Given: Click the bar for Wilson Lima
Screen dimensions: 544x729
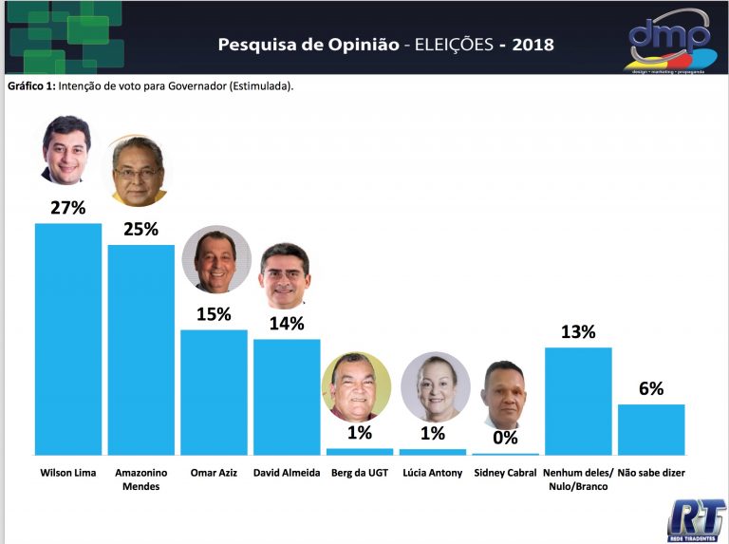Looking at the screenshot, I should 67,339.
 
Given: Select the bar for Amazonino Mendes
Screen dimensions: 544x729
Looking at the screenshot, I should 140,349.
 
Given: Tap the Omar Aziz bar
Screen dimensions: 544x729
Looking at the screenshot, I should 214,392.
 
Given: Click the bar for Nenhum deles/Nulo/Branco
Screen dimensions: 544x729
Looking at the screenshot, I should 578,401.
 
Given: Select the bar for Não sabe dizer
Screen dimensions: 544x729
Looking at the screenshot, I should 651,429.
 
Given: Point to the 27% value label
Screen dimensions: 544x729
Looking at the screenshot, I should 67,208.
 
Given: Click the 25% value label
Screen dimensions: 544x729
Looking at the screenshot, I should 140,229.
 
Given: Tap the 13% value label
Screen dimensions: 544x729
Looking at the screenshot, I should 578,331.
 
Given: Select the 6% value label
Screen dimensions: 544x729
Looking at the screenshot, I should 651,388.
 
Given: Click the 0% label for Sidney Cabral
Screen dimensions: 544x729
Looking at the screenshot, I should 505,437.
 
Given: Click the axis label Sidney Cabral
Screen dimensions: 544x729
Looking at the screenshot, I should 505,473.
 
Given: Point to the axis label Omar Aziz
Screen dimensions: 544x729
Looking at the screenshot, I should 214,473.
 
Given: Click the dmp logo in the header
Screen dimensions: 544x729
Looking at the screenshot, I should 670,41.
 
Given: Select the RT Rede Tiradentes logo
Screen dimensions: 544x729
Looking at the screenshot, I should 696,520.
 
